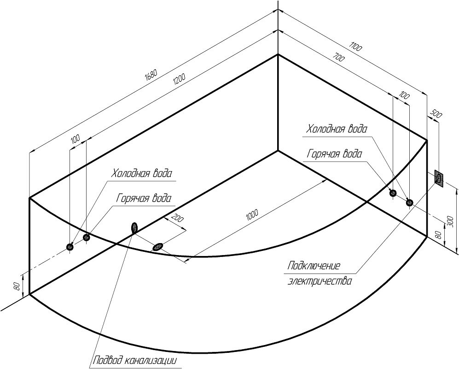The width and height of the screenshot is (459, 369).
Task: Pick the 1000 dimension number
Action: (251, 214)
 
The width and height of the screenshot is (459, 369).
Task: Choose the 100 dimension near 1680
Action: (75, 138)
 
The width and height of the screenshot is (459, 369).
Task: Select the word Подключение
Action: (314, 266)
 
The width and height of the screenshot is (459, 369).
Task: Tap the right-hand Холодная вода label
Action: (337, 129)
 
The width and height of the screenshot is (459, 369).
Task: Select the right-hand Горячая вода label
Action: (335, 154)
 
